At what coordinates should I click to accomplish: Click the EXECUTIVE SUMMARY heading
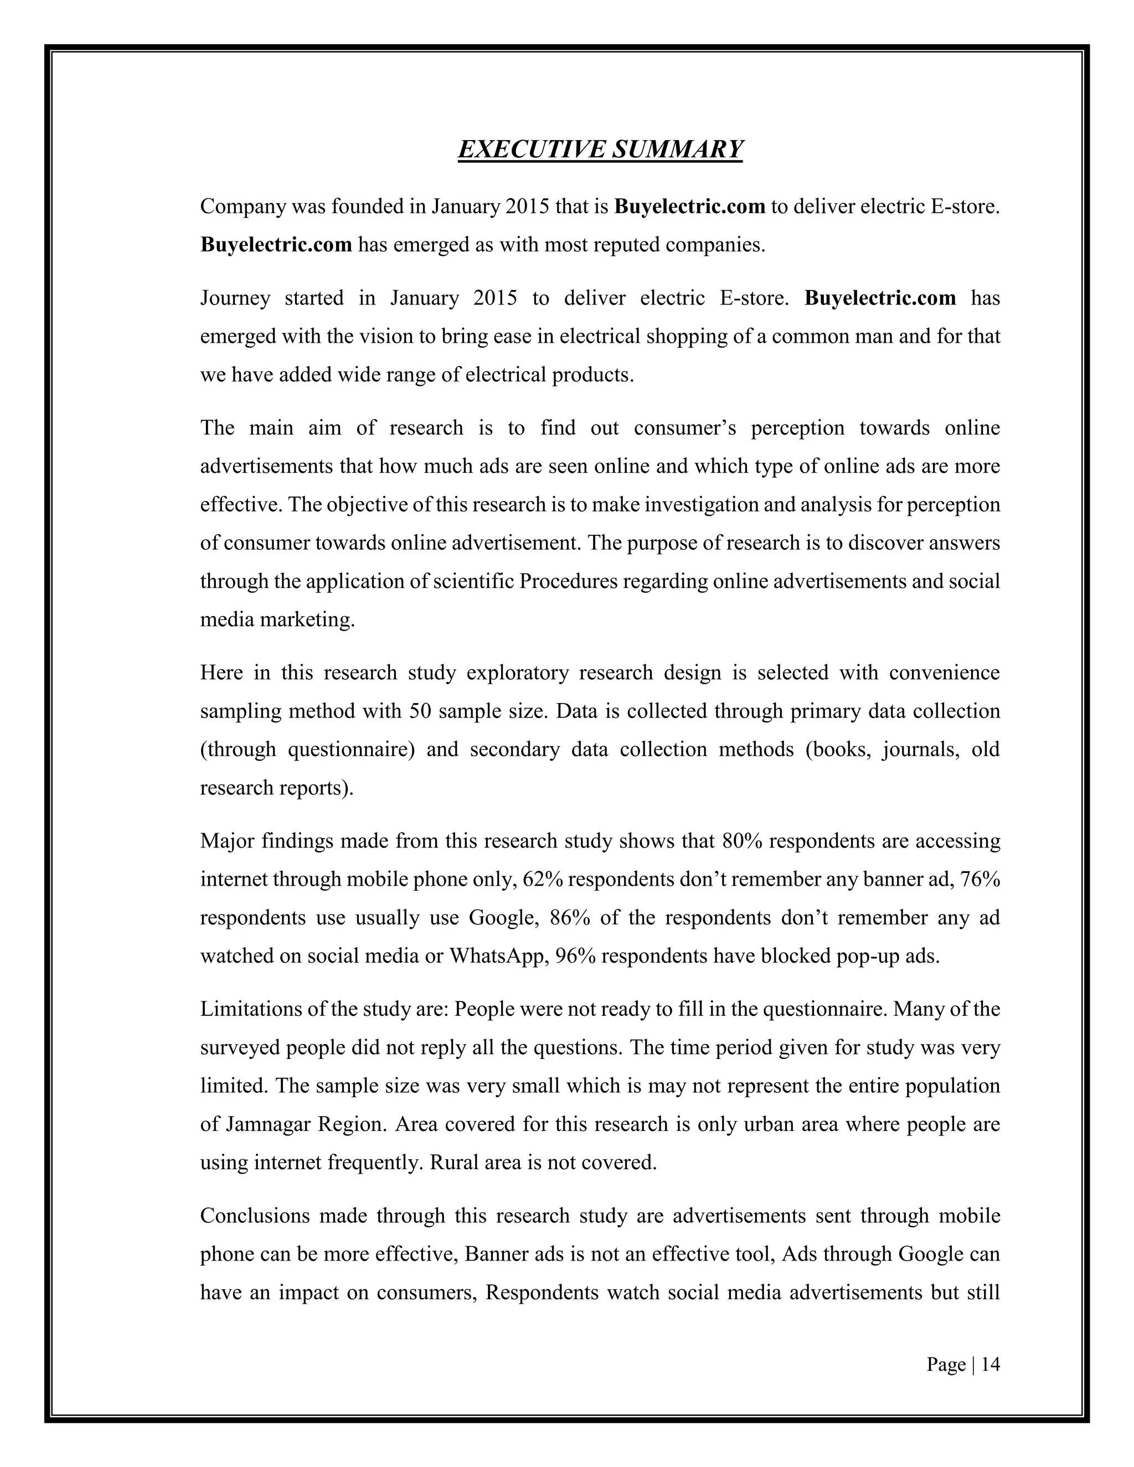point(600,149)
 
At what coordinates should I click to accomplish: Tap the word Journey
point(235,298)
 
